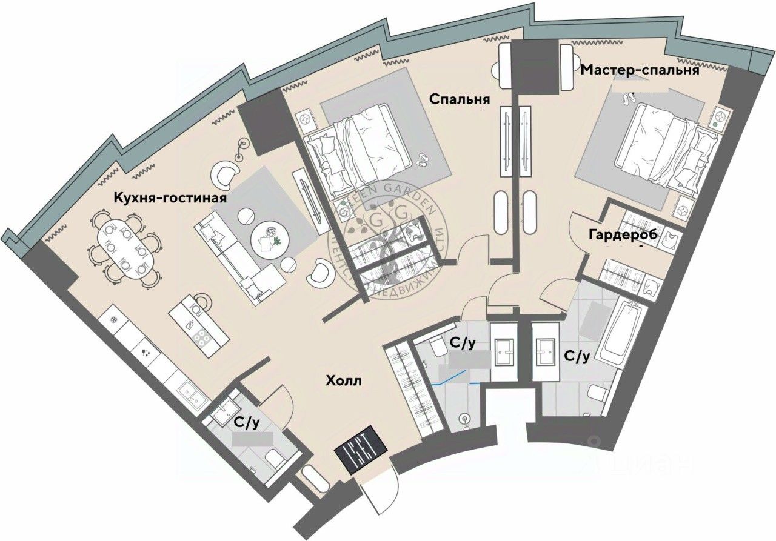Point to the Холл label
click(344, 381)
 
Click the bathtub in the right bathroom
click(623, 331)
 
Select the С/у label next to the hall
click(247, 422)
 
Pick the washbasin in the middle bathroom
click(504, 351)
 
